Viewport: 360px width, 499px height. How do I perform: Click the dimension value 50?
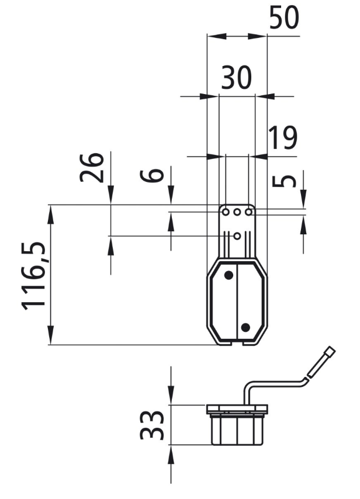(284, 18)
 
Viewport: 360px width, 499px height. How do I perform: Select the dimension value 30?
(236, 77)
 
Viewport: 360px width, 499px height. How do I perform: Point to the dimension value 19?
(283, 137)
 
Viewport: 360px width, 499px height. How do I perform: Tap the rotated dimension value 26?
(92, 167)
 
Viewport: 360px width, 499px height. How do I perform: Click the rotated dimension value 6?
(152, 175)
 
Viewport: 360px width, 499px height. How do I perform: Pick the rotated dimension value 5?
(284, 181)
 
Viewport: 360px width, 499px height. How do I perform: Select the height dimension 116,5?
(34, 276)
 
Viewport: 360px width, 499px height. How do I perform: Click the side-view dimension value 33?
(152, 425)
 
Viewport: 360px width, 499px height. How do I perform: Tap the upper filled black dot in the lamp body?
(229, 275)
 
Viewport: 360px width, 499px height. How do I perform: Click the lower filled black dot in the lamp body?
(245, 327)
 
